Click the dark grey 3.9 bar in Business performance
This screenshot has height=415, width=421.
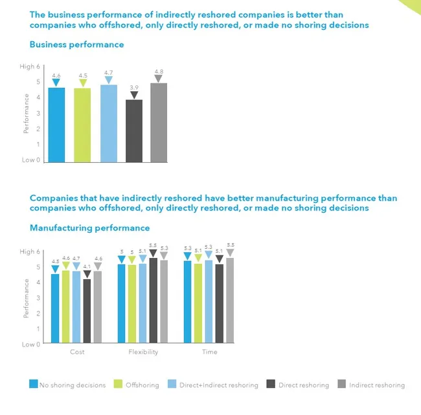[134, 131]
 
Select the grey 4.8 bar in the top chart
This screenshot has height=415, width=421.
[159, 123]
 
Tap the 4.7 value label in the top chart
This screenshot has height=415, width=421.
[108, 72]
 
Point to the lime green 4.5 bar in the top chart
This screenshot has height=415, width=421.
[82, 125]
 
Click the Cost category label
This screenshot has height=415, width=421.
[77, 352]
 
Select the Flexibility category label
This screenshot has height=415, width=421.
[143, 352]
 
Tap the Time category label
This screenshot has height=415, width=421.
[210, 352]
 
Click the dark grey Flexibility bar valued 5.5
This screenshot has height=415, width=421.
[154, 301]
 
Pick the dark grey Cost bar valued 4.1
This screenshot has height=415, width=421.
[87, 311]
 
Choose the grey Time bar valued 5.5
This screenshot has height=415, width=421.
[230, 301]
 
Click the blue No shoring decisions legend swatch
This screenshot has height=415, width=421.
[34, 384]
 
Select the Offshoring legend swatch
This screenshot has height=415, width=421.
[118, 384]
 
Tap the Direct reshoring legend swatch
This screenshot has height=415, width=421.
[271, 384]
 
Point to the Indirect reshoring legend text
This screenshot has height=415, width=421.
[377, 385]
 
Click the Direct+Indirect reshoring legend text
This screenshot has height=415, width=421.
[219, 385]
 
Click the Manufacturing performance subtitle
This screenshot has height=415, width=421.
[89, 228]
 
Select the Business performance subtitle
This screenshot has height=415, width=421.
[77, 45]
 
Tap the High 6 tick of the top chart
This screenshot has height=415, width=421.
[30, 67]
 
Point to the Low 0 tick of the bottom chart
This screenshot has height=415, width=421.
[31, 345]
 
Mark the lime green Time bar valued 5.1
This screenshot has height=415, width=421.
[198, 303]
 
